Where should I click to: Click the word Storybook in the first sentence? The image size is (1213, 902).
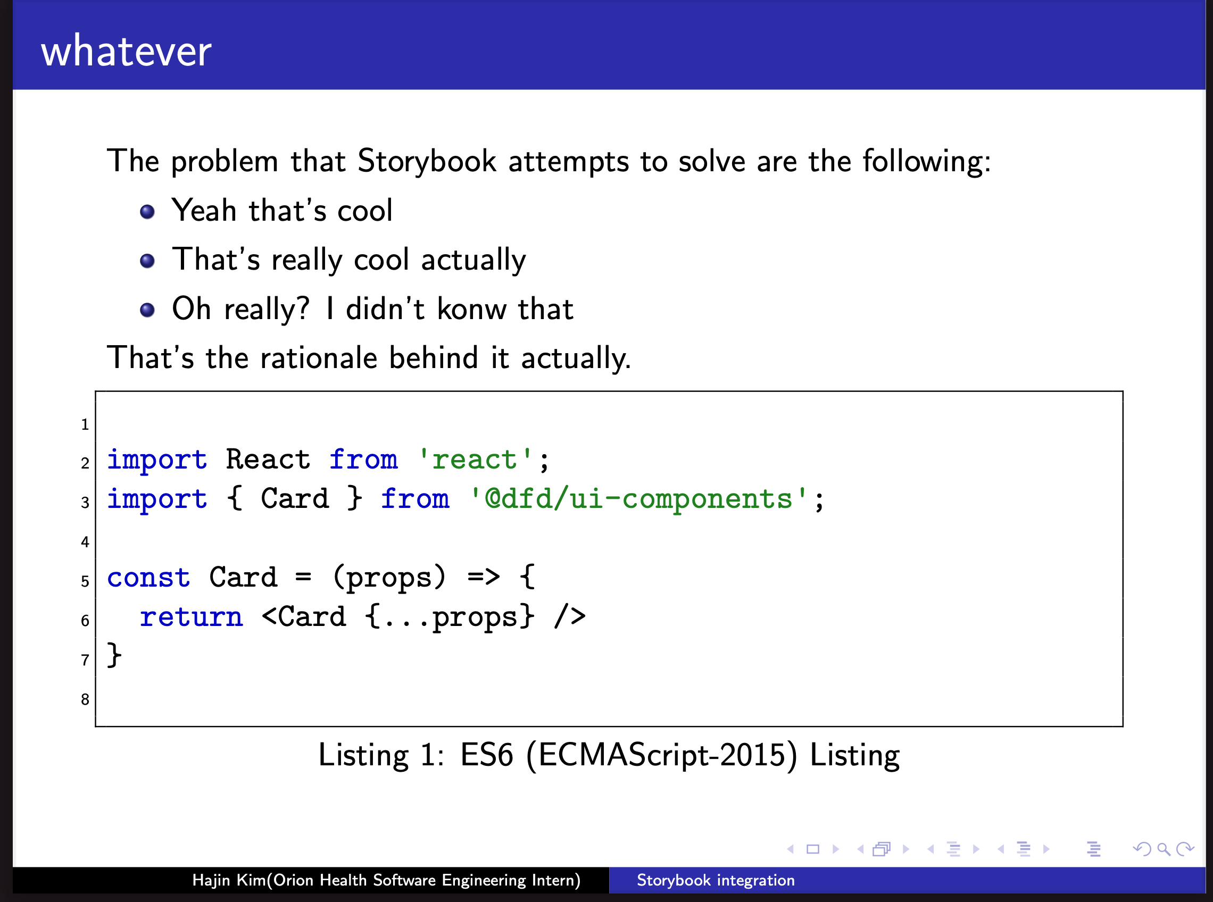tap(427, 161)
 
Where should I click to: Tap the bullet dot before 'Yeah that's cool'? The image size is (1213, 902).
tap(147, 211)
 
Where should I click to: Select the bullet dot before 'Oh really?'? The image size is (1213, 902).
tap(147, 310)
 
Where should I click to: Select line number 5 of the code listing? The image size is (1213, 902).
tap(85, 581)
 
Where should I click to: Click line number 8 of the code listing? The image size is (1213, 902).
tap(85, 699)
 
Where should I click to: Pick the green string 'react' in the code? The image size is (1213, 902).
tap(475, 459)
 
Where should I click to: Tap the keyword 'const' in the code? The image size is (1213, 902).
tap(148, 577)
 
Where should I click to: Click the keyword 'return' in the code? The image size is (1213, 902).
tap(191, 617)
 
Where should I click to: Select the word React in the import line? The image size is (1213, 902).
tap(268, 458)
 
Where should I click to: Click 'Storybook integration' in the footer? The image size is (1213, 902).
tap(716, 880)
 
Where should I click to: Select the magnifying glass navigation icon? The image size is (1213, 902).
tap(1164, 849)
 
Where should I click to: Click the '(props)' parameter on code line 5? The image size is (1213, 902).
tap(389, 578)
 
